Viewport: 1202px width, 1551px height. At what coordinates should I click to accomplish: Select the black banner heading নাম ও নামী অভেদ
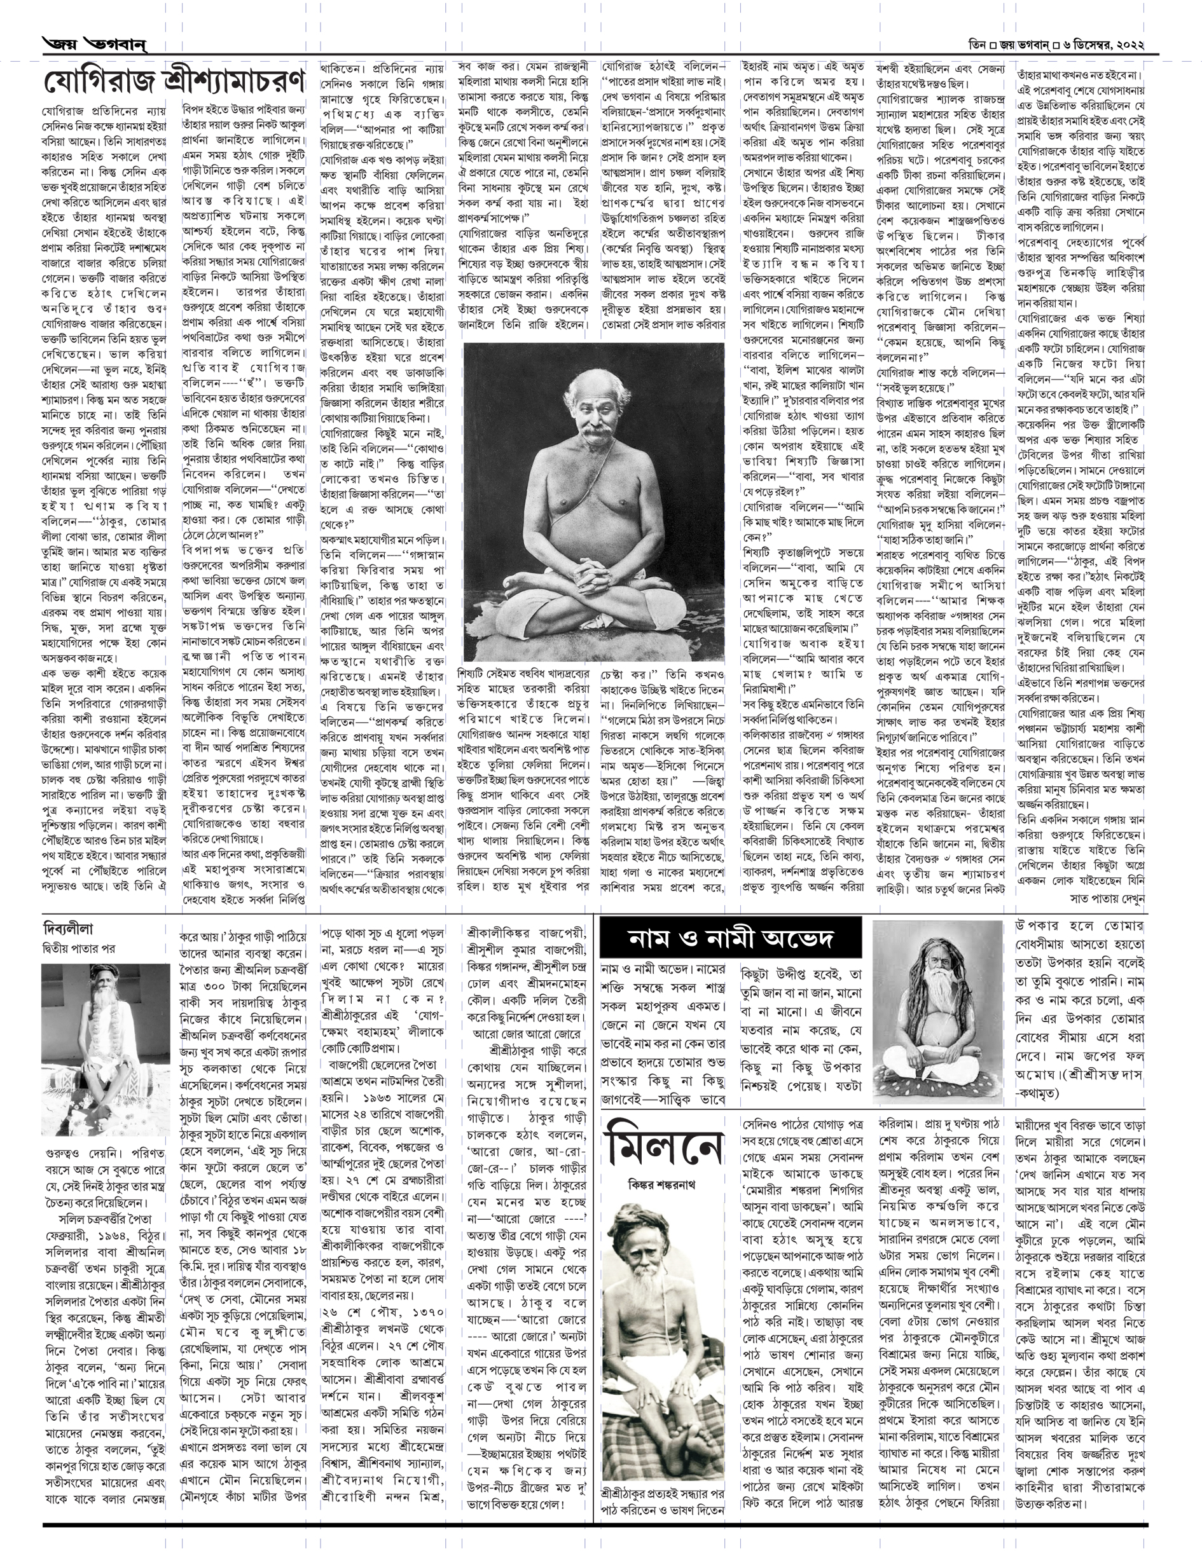click(730, 938)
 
